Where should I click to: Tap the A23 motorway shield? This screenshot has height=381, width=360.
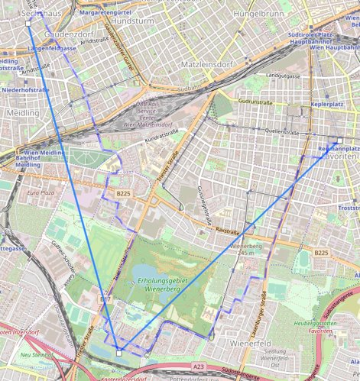point(199,367)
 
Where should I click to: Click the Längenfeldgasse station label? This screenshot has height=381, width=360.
point(51,48)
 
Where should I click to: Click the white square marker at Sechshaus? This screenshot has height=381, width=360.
point(28,24)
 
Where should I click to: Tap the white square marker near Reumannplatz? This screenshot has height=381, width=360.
point(322,155)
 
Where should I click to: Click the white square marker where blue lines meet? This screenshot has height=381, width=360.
point(119,352)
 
